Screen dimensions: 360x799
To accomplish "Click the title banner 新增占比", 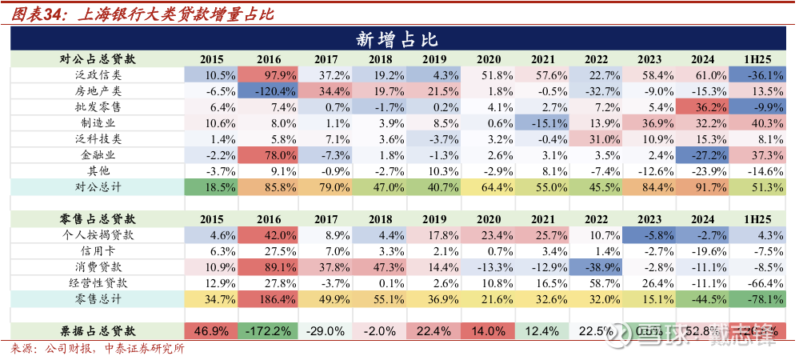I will click(398, 39).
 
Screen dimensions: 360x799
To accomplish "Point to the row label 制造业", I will click(98, 122).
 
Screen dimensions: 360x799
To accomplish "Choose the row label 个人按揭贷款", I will click(98, 235).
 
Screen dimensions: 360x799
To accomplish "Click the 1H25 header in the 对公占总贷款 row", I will click(760, 59).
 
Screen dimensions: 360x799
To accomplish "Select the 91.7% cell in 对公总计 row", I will click(704, 186).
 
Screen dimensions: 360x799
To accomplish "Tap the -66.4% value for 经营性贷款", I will click(760, 282).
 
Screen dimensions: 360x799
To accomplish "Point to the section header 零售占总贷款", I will click(98, 218).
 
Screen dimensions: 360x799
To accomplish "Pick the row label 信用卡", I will click(98, 250).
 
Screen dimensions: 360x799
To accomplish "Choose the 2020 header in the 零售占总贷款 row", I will click(488, 218).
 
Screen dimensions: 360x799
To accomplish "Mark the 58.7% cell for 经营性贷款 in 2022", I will click(596, 282).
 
